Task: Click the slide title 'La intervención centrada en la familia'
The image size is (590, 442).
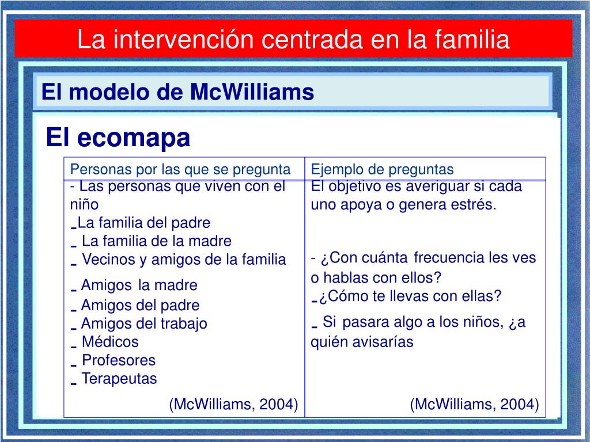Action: click(293, 39)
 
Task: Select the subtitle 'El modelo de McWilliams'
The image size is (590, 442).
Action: click(177, 92)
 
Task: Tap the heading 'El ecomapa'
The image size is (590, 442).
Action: click(118, 138)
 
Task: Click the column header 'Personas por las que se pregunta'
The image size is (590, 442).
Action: click(180, 169)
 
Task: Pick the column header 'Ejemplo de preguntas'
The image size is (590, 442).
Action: click(383, 169)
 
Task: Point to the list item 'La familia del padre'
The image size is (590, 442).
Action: click(143, 223)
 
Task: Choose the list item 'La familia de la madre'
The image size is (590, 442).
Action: click(156, 241)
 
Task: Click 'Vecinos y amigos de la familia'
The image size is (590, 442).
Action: click(184, 260)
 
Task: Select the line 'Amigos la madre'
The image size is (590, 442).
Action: click(139, 285)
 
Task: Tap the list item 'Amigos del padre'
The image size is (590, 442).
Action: click(140, 305)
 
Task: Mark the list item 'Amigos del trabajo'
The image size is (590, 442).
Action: click(143, 323)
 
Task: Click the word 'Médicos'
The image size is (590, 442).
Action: click(110, 342)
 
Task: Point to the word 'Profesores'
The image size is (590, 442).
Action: click(119, 360)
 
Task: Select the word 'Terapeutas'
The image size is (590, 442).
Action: click(119, 379)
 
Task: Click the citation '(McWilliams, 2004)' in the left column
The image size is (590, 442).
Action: click(233, 405)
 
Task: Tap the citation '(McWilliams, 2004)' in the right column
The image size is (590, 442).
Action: click(474, 405)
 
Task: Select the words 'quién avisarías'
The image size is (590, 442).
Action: click(362, 342)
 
